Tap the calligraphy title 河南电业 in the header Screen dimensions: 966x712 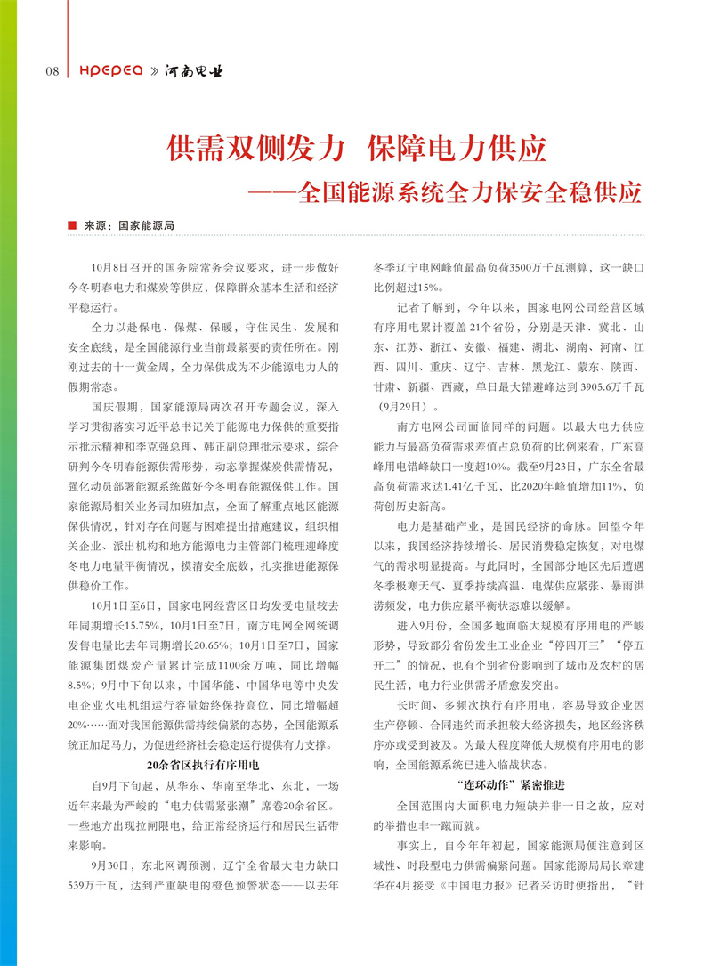tap(193, 70)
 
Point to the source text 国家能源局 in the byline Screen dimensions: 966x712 tap(146, 226)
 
